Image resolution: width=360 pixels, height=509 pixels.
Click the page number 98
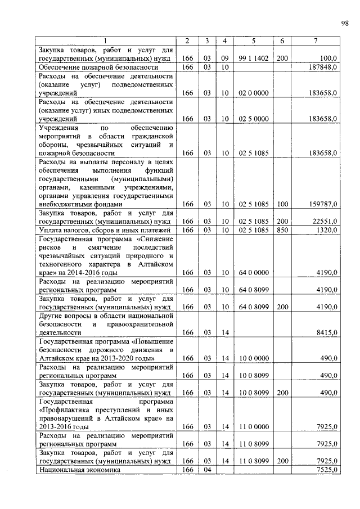(344, 22)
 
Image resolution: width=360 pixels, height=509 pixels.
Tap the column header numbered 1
(105, 40)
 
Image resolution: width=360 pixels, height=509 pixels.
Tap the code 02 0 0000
(253, 92)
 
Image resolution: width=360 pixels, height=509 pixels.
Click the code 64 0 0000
(253, 273)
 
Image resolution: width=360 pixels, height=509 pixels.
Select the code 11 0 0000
(253, 427)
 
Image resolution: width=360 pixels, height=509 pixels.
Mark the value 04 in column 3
(207, 469)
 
